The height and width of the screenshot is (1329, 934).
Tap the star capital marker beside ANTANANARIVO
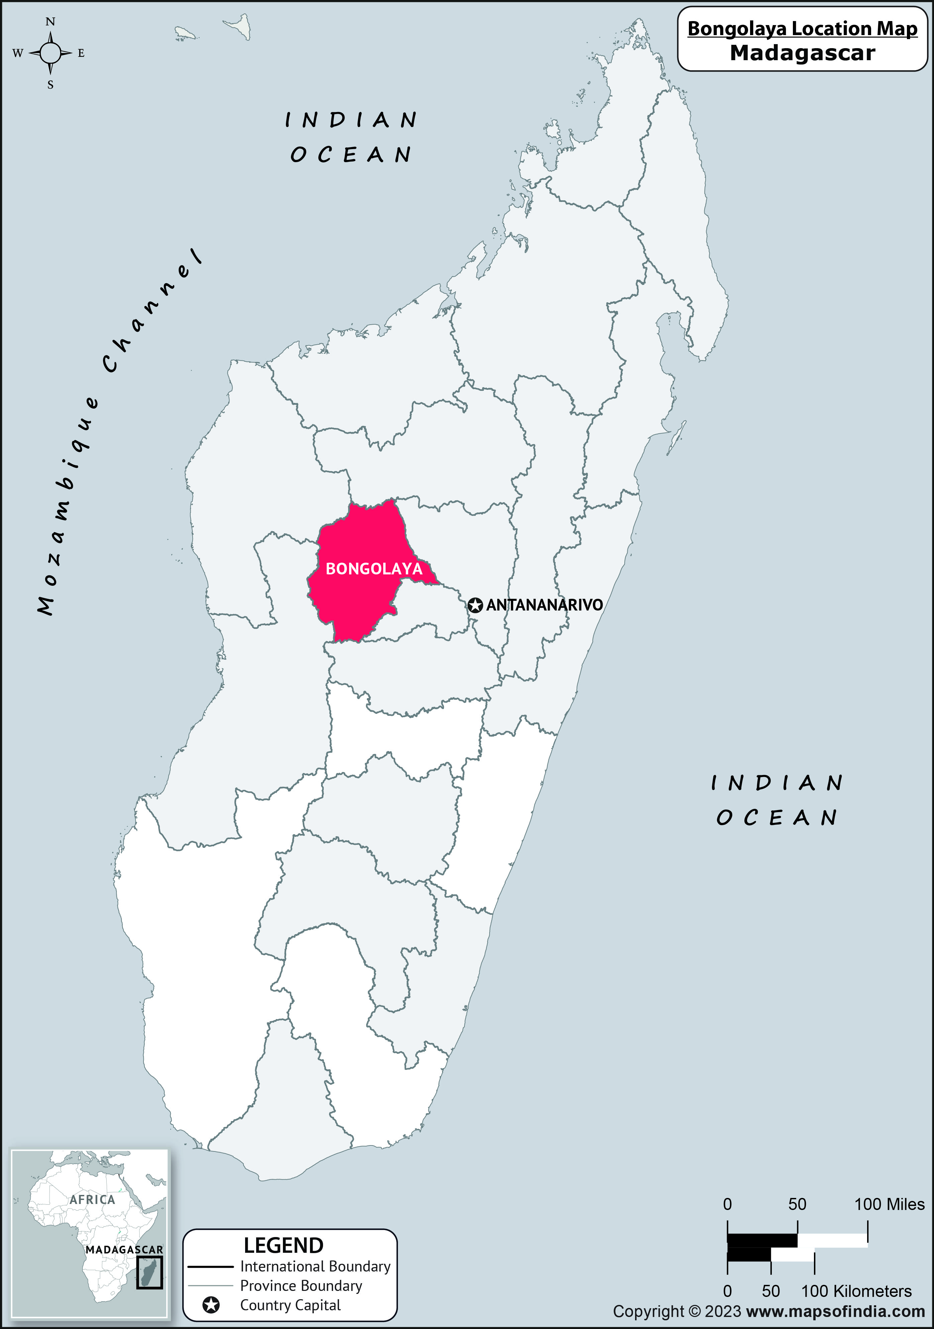click(x=475, y=605)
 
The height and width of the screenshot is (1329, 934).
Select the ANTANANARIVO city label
click(x=544, y=605)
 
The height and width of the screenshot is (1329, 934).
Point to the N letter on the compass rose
click(x=50, y=22)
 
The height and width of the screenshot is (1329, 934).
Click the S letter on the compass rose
click(x=50, y=85)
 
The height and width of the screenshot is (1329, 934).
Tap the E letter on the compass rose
click(x=81, y=53)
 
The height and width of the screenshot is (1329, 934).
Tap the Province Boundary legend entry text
click(x=301, y=1286)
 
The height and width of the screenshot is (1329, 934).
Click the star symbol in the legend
click(x=211, y=1305)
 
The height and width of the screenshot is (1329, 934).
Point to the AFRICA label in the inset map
click(x=93, y=1199)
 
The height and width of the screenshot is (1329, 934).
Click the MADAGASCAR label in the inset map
click(x=124, y=1250)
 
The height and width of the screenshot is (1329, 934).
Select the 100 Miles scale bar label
click(x=890, y=1205)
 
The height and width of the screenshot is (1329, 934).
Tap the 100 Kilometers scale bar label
click(x=856, y=1291)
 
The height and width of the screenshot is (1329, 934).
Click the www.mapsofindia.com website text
click(x=836, y=1312)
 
